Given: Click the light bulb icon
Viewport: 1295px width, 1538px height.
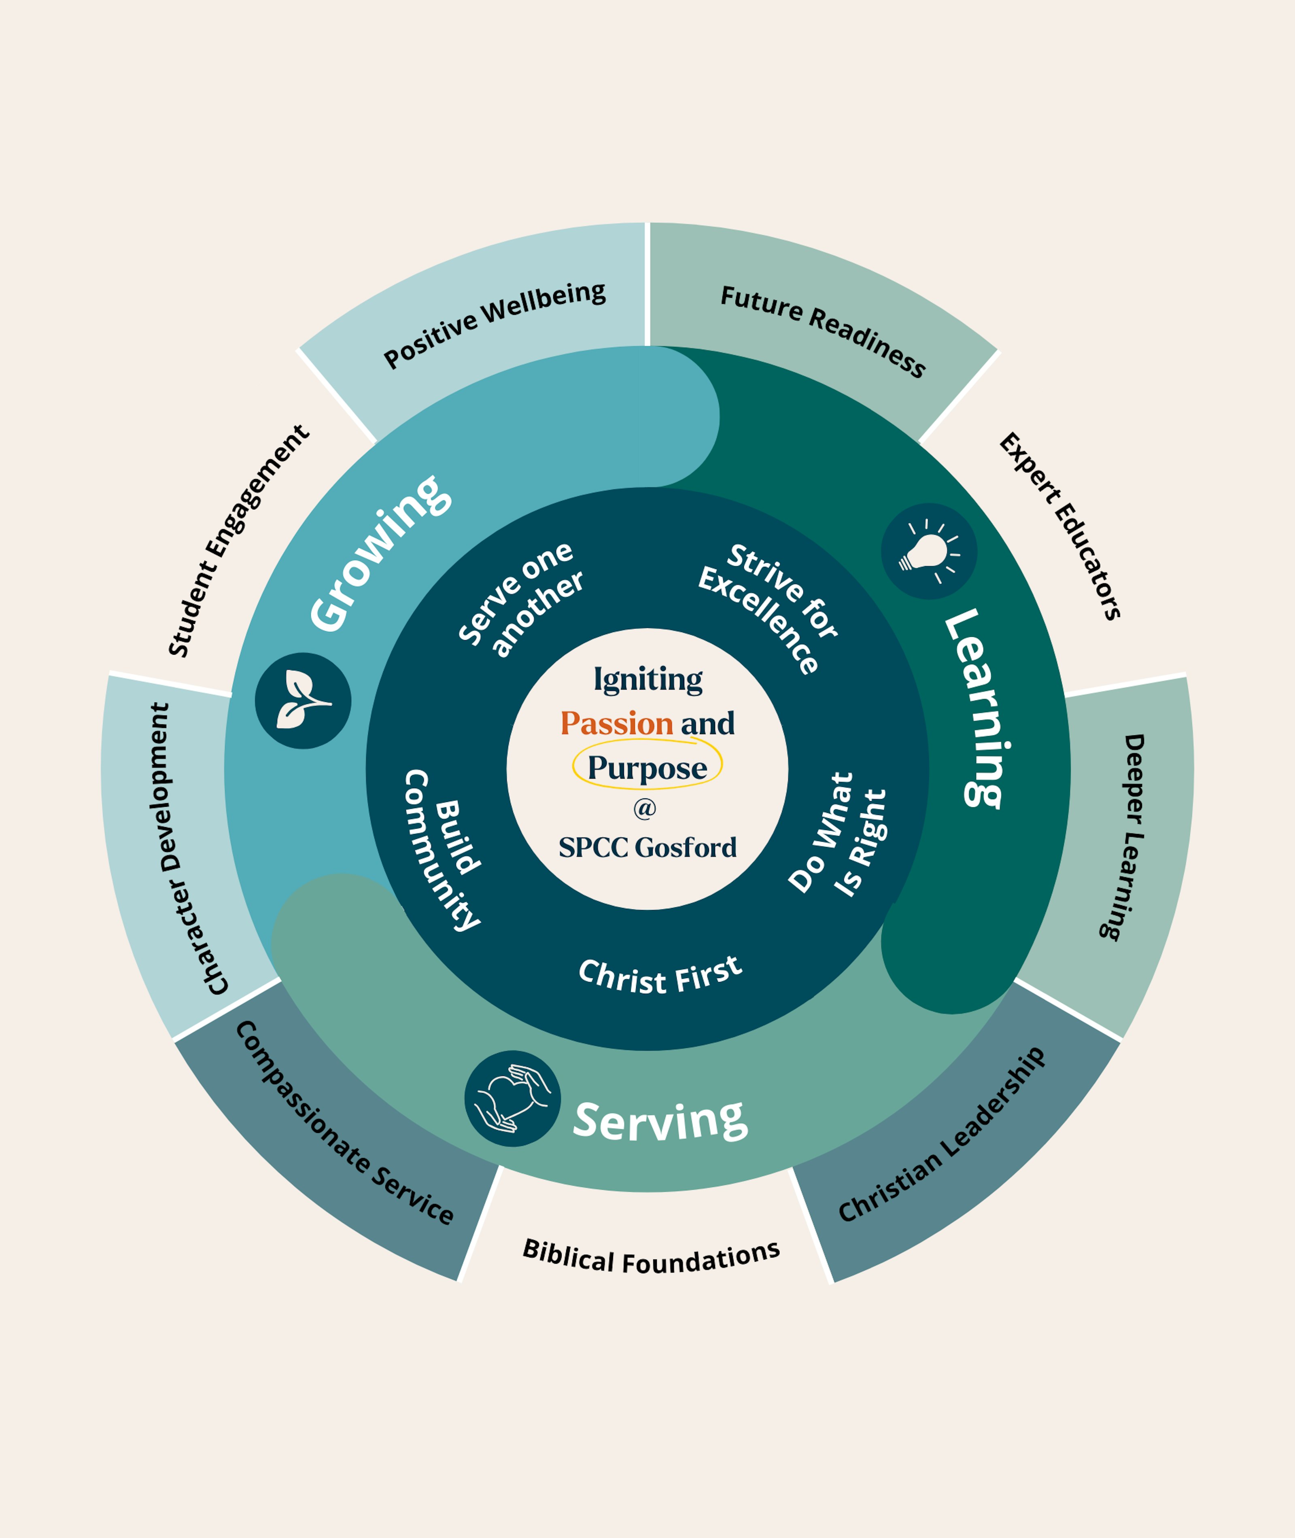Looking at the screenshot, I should [x=929, y=552].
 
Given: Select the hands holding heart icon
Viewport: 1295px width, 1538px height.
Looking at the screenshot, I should [x=512, y=1098].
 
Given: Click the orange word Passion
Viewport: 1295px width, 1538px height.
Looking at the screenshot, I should [x=617, y=723].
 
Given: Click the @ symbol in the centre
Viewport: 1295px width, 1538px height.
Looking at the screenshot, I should [x=645, y=808].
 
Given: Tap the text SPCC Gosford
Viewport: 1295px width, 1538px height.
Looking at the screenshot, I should [x=647, y=847].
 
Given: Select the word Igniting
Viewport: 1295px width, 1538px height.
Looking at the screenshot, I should [x=647, y=679].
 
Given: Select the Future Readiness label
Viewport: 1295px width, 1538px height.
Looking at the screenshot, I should [x=822, y=330].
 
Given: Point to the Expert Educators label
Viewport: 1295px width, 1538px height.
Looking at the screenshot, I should [x=1059, y=526].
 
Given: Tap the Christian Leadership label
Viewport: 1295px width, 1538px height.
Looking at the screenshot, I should [x=942, y=1134].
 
